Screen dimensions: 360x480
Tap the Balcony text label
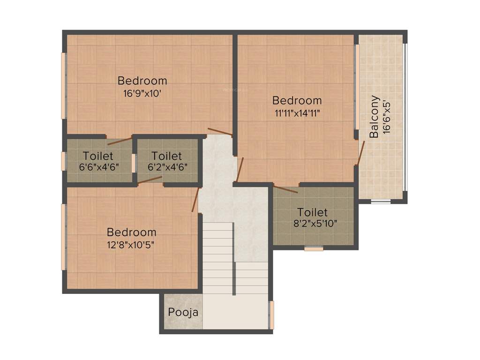pos(374,117)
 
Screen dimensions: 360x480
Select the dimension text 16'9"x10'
pos(142,93)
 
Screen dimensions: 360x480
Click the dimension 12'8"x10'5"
pos(131,244)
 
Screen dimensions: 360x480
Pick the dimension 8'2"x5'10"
pos(315,224)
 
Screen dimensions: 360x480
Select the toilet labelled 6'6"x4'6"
pos(98,160)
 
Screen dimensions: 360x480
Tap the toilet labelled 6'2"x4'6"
pos(166,160)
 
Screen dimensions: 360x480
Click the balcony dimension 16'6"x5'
pos(386,117)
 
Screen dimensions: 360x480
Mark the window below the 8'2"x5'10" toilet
pos(314,249)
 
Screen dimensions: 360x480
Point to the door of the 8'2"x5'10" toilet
pos(285,189)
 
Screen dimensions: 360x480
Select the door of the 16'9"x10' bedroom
pos(220,132)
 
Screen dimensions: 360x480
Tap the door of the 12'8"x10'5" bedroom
pos(196,200)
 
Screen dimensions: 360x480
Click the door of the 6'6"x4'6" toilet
pos(120,140)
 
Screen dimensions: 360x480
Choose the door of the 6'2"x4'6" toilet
pos(150,180)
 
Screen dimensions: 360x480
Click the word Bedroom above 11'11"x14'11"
pos(297,100)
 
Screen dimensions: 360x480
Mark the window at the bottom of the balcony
pos(381,202)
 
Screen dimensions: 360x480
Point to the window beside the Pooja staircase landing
pos(271,315)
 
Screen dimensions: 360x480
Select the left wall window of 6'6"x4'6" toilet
pos(64,160)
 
